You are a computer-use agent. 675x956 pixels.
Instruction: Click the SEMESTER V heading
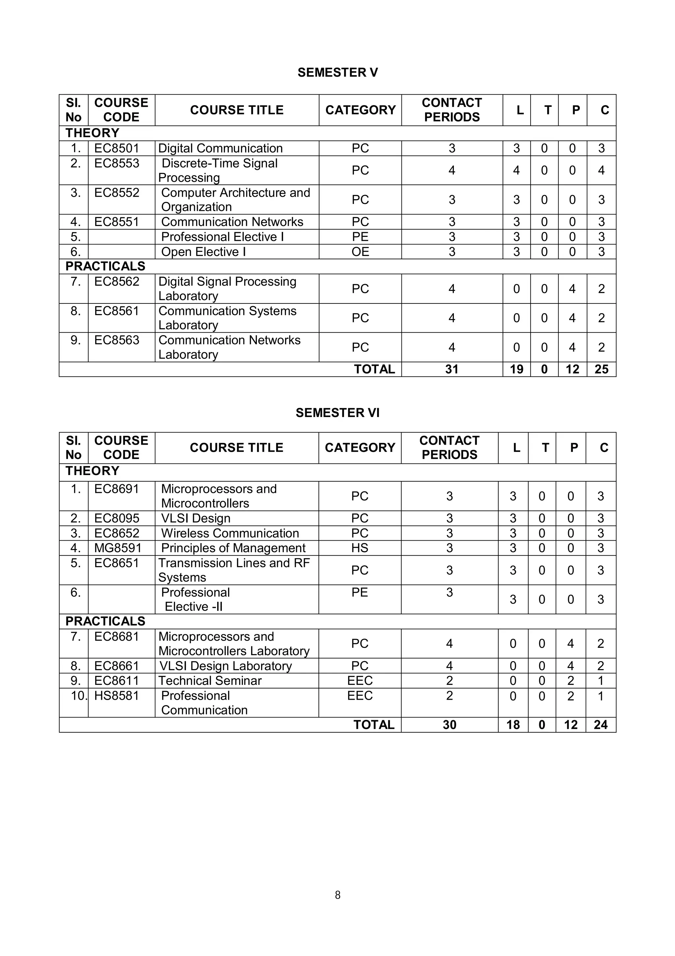[337, 73]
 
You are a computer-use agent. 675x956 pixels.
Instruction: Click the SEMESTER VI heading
[337, 413]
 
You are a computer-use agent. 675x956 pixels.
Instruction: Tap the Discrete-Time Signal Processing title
[218, 170]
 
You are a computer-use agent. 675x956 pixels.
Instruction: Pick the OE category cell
[360, 251]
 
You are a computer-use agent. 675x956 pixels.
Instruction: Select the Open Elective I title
[203, 251]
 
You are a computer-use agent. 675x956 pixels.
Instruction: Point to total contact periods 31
[452, 369]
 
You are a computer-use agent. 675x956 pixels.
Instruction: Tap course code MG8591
[118, 548]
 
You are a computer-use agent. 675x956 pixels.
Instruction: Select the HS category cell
[360, 548]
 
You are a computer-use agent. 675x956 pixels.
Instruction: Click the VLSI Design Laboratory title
[225, 666]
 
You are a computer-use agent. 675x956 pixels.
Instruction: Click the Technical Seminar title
[210, 681]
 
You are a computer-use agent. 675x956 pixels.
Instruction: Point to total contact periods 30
[449, 725]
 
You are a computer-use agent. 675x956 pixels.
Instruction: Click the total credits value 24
[601, 725]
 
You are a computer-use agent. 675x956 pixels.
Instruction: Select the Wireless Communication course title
[230, 533]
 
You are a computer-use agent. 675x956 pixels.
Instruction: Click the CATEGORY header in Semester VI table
[360, 448]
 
